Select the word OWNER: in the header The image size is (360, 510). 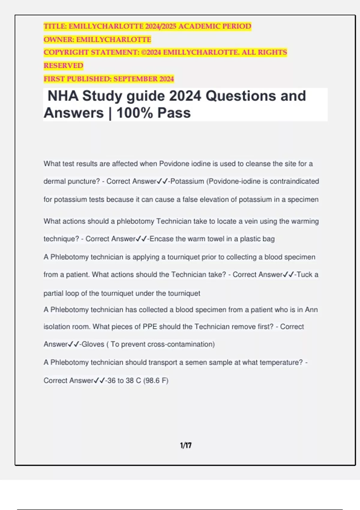pyautogui.click(x=59, y=40)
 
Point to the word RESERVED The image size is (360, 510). pyautogui.click(x=63, y=66)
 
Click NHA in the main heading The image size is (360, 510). pyautogui.click(x=63, y=96)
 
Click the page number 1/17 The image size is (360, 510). pyautogui.click(x=186, y=445)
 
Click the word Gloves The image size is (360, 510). pyautogui.click(x=93, y=344)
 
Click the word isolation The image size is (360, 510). pyautogui.click(x=56, y=326)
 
